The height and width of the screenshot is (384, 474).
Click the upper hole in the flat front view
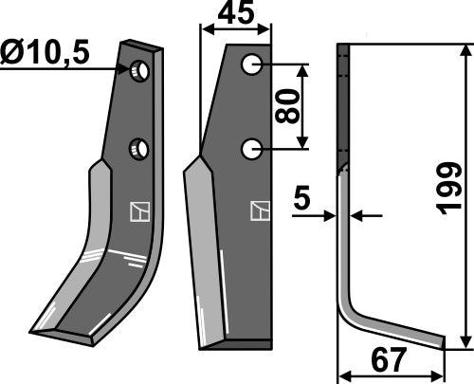(x=251, y=65)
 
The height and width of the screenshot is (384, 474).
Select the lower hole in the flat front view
(x=251, y=149)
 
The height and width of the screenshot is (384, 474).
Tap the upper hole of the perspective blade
(x=140, y=70)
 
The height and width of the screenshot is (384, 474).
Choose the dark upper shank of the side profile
(x=342, y=104)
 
